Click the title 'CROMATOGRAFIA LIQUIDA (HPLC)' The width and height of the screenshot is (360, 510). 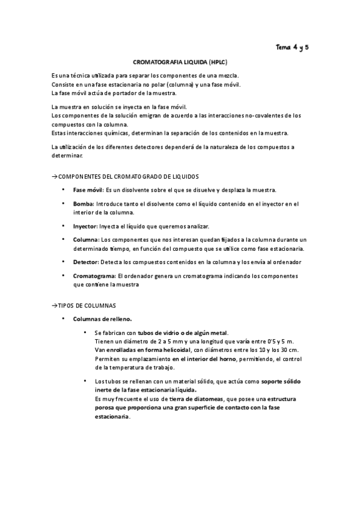coord(180,62)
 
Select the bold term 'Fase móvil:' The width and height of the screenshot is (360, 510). coord(88,190)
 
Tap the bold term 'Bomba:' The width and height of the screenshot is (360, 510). coord(84,204)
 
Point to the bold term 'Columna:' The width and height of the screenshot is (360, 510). coord(87,239)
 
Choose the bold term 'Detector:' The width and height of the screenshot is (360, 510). coord(87,262)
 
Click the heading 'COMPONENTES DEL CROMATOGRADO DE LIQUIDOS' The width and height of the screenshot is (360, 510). coord(127,176)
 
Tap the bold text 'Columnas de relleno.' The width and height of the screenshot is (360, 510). coord(102,319)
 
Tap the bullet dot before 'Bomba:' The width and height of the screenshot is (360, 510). coord(64,204)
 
